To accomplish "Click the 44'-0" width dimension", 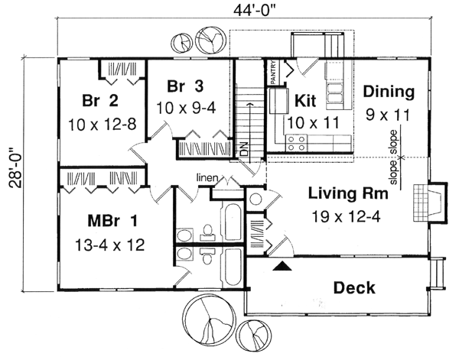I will tap(242, 10).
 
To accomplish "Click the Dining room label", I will tap(388, 92).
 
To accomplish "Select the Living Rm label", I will tap(346, 193).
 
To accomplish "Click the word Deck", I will tap(354, 287).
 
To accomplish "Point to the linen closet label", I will tap(209, 179).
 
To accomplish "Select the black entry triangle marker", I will tap(282, 266).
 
